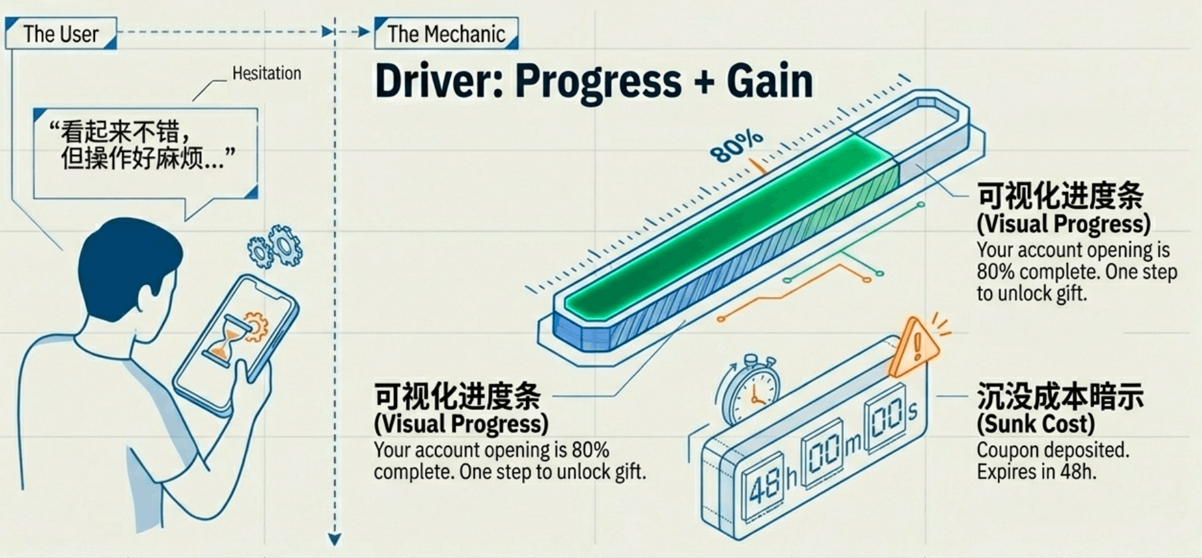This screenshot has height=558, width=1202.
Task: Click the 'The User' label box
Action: [x=60, y=34]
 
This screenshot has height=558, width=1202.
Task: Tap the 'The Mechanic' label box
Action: [x=446, y=34]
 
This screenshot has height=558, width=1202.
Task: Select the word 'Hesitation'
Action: [x=266, y=73]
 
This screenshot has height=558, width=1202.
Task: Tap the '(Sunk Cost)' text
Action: [x=1035, y=424]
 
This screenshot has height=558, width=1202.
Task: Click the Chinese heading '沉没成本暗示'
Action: [x=1060, y=397]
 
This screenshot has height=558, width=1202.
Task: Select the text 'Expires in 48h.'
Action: [x=1036, y=472]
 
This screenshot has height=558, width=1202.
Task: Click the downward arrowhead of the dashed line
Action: [x=335, y=539]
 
